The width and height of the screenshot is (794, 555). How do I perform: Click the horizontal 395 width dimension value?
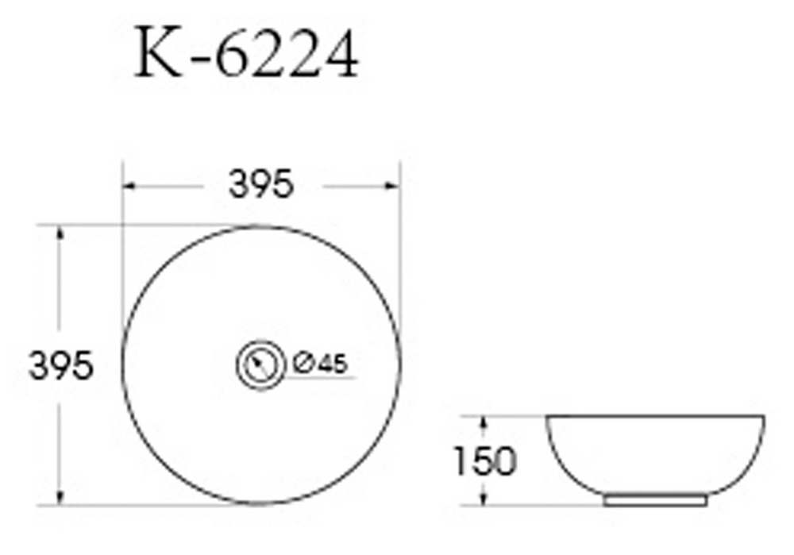[261, 186]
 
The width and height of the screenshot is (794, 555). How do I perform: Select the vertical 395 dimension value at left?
[61, 366]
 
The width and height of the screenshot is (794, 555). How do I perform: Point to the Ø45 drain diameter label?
[319, 364]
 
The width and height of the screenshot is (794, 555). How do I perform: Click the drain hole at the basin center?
[260, 366]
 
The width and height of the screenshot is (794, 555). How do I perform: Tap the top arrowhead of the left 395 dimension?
[60, 231]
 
